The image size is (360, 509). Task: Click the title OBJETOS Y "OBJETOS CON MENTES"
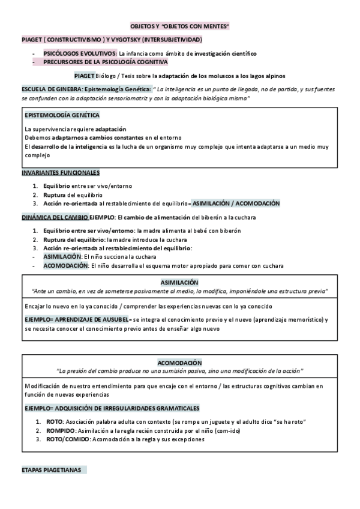pyautogui.click(x=180, y=27)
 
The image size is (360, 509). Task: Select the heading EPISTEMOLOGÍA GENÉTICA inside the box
pyautogui.click(x=62, y=115)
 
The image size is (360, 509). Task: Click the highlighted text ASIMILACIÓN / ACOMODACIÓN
pyautogui.click(x=235, y=203)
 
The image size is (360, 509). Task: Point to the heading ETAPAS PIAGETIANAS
pyautogui.click(x=51, y=469)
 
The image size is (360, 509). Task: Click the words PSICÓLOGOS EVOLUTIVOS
pyautogui.click(x=80, y=53)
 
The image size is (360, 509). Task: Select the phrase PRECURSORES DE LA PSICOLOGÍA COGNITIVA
pyautogui.click(x=105, y=62)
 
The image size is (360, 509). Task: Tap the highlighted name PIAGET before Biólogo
pyautogui.click(x=85, y=76)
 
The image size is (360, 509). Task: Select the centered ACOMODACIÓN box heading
pyautogui.click(x=180, y=363)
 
